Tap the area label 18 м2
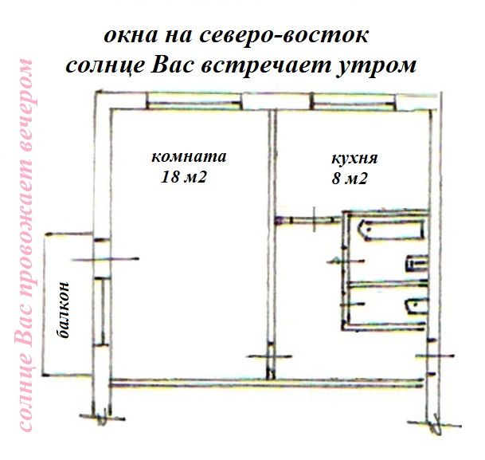(184, 177)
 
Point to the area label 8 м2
(349, 179)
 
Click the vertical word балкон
(65, 311)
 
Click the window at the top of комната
(192, 101)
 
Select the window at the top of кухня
(353, 101)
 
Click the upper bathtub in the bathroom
(390, 230)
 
